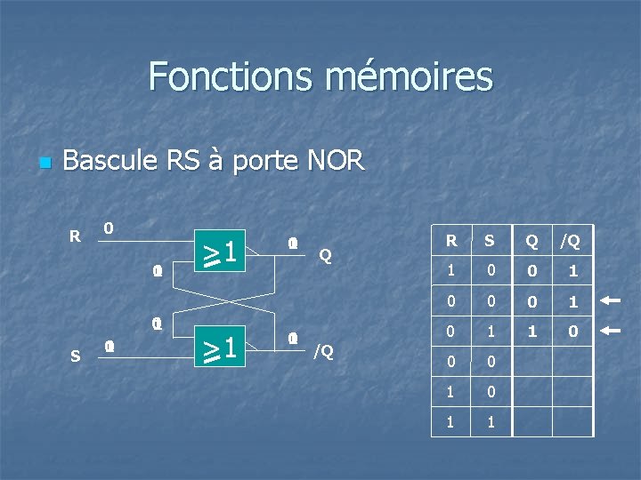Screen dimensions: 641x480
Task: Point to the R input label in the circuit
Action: pyautogui.click(x=76, y=236)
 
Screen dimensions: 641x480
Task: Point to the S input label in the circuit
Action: pyautogui.click(x=75, y=356)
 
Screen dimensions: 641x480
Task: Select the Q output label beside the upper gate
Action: pyautogui.click(x=325, y=255)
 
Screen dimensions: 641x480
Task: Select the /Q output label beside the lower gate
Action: pyautogui.click(x=322, y=351)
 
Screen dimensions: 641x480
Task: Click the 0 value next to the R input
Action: pyautogui.click(x=108, y=228)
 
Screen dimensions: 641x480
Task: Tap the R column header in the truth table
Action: pyautogui.click(x=451, y=240)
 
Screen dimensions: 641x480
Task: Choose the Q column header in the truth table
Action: pyautogui.click(x=531, y=240)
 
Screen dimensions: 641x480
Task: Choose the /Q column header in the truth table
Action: pyautogui.click(x=571, y=240)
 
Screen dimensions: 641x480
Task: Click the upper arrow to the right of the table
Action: pyautogui.click(x=611, y=300)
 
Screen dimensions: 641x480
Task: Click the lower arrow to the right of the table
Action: pyautogui.click(x=611, y=332)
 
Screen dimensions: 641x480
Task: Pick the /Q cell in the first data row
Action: pyautogui.click(x=572, y=271)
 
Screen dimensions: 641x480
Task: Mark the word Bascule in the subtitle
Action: pyautogui.click(x=109, y=161)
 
